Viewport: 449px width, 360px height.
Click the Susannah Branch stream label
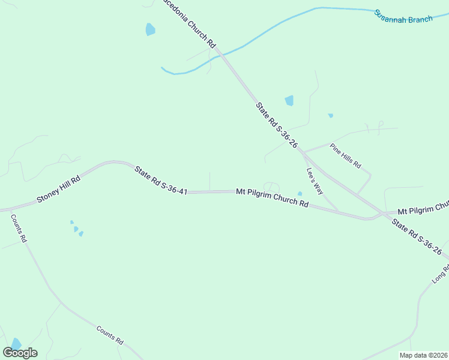(403, 16)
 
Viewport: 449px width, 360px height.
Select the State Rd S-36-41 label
(161, 181)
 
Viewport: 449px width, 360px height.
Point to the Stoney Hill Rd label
(58, 190)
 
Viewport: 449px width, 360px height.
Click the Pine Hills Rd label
(345, 155)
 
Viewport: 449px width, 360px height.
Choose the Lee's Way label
(315, 180)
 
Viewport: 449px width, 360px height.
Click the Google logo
(20, 352)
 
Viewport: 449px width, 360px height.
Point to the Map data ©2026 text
(423, 355)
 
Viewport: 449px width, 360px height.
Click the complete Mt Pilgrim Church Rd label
(272, 197)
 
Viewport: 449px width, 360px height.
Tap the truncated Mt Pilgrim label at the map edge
(423, 208)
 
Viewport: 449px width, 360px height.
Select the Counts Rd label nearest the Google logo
(109, 335)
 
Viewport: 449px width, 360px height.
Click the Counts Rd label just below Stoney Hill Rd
(19, 228)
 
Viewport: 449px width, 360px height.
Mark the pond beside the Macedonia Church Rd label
(150, 29)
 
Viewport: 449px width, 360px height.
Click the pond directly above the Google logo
(16, 343)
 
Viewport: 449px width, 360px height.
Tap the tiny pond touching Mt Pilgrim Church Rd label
(300, 193)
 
